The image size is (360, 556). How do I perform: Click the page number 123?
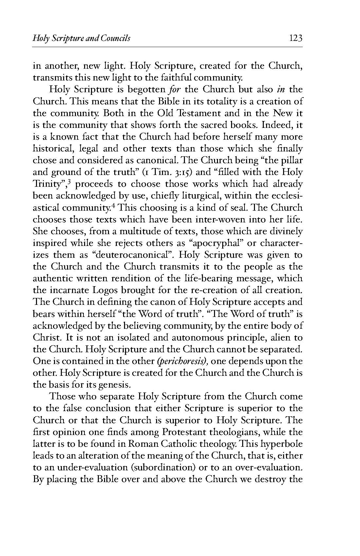(295, 39)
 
